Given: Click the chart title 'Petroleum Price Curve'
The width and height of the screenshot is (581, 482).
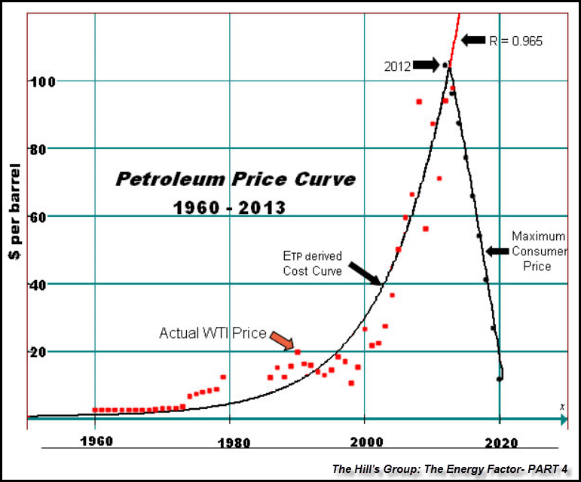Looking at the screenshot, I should pyautogui.click(x=235, y=179).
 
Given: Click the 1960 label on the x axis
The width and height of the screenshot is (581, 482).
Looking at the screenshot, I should pyautogui.click(x=95, y=442).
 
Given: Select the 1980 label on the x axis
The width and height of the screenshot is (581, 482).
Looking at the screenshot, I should pyautogui.click(x=230, y=442).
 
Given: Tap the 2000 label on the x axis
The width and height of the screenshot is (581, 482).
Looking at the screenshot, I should pyautogui.click(x=365, y=442).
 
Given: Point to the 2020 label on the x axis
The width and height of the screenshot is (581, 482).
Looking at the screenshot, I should pyautogui.click(x=500, y=442).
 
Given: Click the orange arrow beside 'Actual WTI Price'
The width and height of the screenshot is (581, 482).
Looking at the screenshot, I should pyautogui.click(x=280, y=340).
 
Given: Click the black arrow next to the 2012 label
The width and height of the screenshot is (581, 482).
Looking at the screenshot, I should pyautogui.click(x=426, y=66).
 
